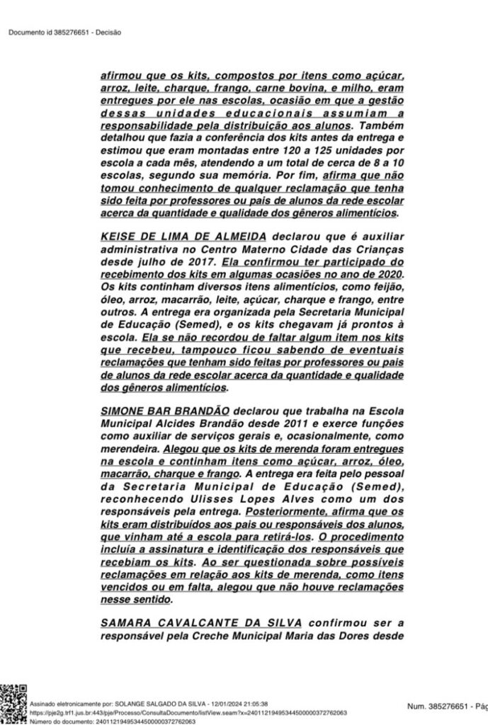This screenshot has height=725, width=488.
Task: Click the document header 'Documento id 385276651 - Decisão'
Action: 65,32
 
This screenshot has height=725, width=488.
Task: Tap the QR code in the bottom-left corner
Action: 13,705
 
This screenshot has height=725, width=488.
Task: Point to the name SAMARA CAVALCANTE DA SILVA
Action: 201,622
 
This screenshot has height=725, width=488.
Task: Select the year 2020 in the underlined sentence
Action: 388,273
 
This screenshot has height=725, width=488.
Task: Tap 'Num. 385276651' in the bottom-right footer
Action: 436,706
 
